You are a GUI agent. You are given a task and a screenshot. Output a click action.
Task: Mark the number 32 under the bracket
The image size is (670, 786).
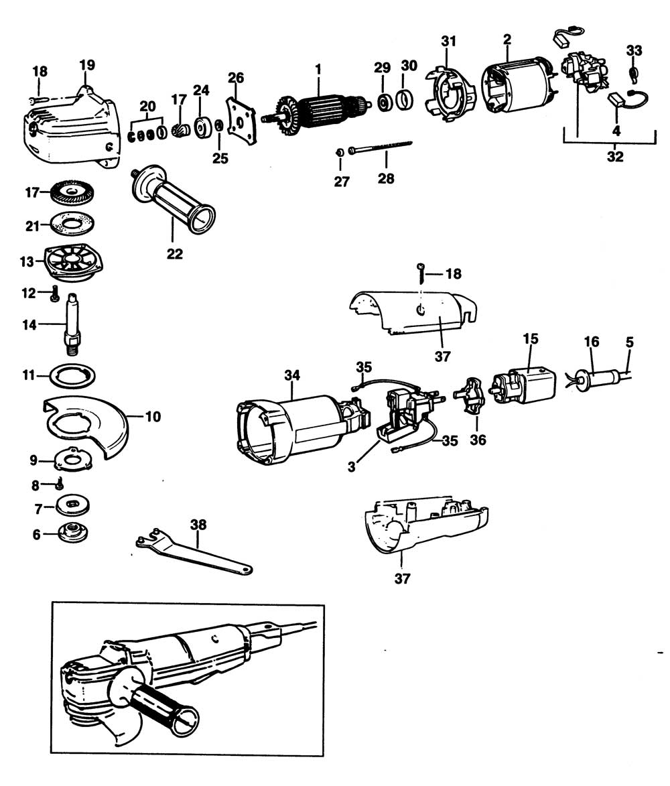point(614,157)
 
